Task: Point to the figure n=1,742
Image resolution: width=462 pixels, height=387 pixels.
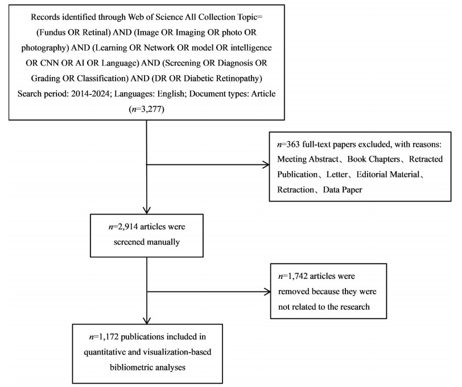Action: (294, 276)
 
